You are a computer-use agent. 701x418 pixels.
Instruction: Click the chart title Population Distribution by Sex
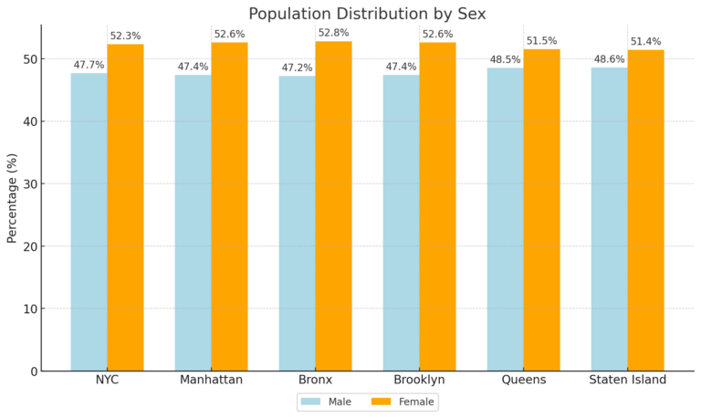[x=368, y=13]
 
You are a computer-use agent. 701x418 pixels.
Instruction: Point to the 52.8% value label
[x=333, y=33]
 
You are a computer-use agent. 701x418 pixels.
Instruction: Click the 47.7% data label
[x=89, y=65]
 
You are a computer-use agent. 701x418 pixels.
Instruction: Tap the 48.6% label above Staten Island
[x=609, y=59]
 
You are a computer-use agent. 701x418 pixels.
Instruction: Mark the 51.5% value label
[x=541, y=41]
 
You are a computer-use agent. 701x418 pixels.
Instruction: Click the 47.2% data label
[x=297, y=68]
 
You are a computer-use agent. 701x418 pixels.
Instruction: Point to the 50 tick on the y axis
[x=30, y=59]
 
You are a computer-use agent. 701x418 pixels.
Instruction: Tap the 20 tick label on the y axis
[x=30, y=246]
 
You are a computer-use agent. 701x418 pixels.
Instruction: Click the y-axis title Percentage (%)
[x=13, y=197]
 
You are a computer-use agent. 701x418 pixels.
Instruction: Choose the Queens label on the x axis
[x=523, y=380]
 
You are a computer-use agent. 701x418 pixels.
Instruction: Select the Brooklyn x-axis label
[x=419, y=380]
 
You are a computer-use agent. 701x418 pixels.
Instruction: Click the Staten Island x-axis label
[x=627, y=380]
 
